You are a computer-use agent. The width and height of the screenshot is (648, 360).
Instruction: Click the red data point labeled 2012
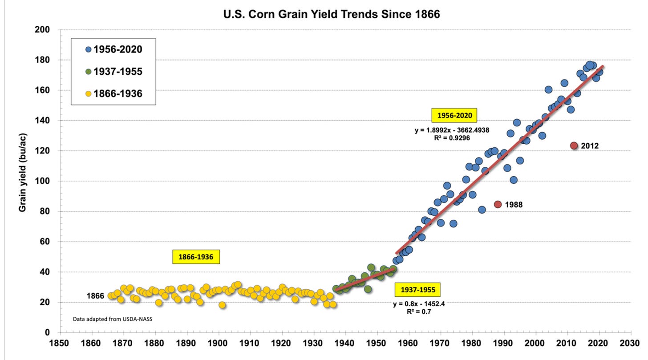(574, 146)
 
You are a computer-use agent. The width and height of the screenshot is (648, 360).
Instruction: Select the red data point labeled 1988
(498, 204)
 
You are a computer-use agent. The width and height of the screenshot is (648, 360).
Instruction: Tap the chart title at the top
(332, 15)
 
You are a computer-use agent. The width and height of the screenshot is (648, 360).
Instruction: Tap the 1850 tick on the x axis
(61, 344)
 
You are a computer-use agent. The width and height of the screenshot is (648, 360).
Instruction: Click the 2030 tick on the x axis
(630, 344)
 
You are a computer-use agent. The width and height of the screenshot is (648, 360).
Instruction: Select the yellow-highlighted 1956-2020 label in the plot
(454, 116)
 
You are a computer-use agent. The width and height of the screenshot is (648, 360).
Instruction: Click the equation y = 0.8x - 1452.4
(416, 304)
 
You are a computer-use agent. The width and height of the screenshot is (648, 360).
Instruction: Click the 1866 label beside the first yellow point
(95, 296)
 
